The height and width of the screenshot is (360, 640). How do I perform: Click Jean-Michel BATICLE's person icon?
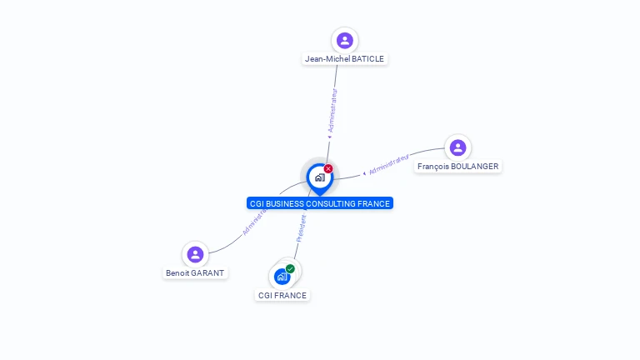click(345, 40)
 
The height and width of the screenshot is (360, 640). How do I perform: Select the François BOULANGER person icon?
click(457, 147)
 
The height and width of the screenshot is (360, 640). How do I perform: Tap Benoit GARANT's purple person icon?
click(195, 254)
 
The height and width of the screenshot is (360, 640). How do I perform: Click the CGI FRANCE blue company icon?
click(282, 277)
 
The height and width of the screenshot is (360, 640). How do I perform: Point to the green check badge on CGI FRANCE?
click(290, 268)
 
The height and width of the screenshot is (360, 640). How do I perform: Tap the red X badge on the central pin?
click(328, 168)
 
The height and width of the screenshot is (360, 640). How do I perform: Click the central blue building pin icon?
click(319, 177)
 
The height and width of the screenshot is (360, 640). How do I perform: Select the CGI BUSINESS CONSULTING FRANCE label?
click(320, 203)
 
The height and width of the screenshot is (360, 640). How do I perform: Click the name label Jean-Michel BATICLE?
click(345, 59)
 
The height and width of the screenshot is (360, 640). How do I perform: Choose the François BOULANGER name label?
click(457, 167)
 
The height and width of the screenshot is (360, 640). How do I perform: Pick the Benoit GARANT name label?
click(195, 273)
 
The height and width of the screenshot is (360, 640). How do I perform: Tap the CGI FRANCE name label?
click(282, 296)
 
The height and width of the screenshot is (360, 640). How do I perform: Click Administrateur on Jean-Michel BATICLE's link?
click(333, 110)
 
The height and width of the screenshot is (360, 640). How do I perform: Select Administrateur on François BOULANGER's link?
click(389, 164)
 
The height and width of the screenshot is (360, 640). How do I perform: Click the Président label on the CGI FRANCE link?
click(302, 227)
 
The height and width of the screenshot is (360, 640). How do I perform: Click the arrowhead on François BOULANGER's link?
click(364, 173)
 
